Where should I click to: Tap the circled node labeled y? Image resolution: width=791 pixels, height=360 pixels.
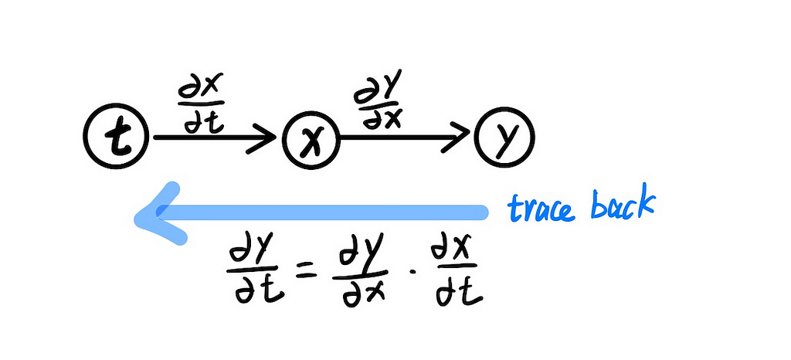504,138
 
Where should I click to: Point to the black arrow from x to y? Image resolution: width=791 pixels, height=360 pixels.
402,138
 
